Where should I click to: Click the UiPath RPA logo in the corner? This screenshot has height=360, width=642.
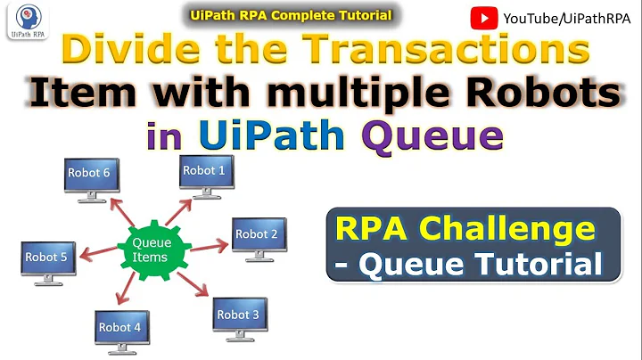pyautogui.click(x=24, y=20)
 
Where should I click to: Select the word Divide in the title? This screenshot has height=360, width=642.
pyautogui.click(x=135, y=51)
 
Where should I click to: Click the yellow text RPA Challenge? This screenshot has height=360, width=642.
pyautogui.click(x=465, y=229)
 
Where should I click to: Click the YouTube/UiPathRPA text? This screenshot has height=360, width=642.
pyautogui.click(x=561, y=17)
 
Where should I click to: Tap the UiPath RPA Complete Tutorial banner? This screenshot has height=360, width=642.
pyautogui.click(x=292, y=14)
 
